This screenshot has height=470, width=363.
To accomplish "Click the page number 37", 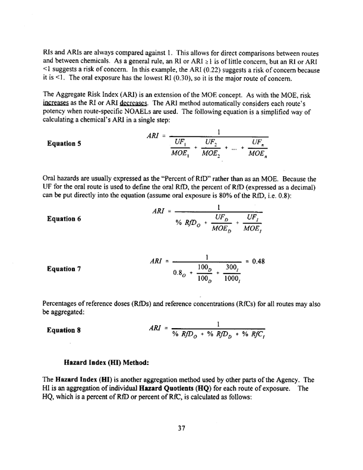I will pyautogui.click(x=182, y=441).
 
